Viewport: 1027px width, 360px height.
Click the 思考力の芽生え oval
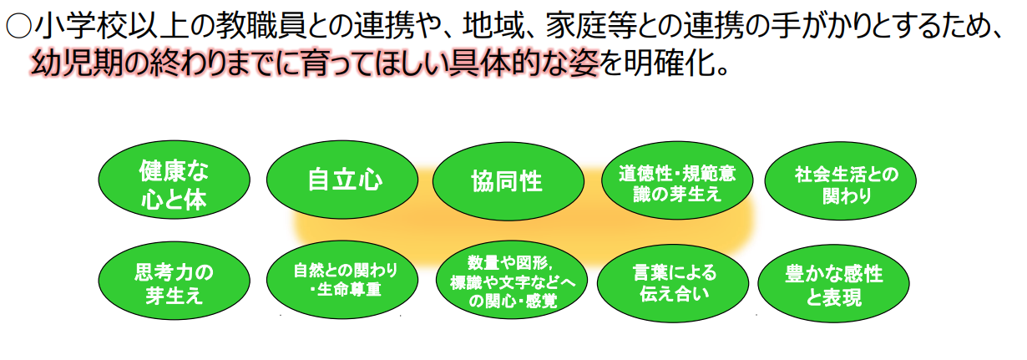173,283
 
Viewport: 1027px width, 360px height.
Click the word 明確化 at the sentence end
672,63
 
